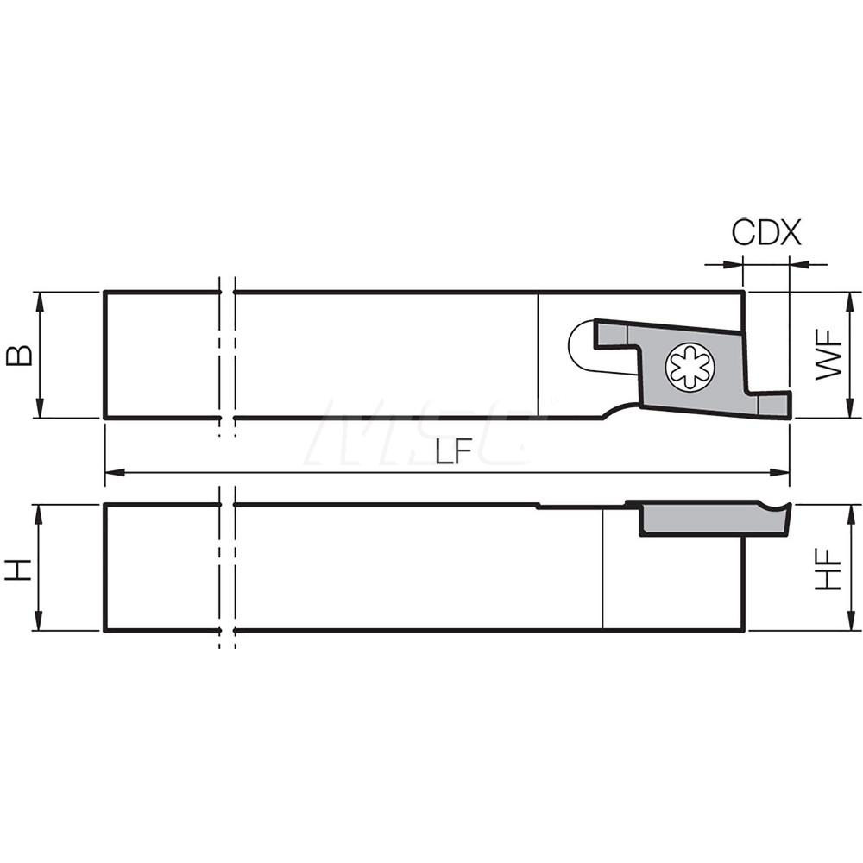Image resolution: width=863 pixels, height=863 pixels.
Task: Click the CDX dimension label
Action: pos(766,233)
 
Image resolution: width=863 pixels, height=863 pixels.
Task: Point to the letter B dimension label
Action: pos(20,355)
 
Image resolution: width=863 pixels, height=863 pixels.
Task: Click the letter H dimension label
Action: pos(20,568)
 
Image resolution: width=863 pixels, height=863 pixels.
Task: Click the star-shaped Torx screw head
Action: pos(690,367)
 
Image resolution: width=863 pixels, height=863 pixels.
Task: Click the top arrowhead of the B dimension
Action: pos(39,299)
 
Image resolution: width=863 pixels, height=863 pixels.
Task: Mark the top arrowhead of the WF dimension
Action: pos(851,299)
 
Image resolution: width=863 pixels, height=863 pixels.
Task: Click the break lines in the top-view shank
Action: pos(227,355)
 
